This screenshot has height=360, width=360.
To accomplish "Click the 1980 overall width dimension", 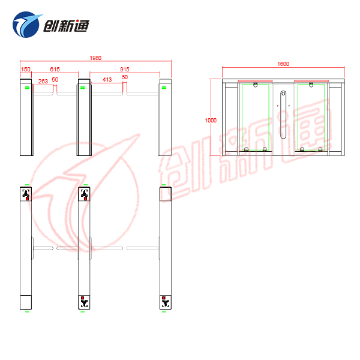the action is click(95, 58).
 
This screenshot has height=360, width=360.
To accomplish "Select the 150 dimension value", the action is click(26, 70).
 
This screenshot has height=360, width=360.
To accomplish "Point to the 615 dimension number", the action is click(55, 70).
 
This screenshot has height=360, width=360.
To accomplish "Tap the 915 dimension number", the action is click(125, 70).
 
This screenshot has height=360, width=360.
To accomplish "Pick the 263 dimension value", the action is click(43, 81).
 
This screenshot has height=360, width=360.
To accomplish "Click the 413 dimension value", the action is click(107, 80).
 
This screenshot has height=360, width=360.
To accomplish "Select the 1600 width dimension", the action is click(283, 64).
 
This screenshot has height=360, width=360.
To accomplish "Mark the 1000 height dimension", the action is click(211, 121).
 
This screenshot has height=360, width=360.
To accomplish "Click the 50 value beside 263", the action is click(55, 80).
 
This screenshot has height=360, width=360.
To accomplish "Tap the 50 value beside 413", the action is click(125, 77).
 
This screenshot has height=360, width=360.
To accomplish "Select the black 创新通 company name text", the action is click(66, 25).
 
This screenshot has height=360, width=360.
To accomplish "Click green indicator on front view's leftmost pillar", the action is click(27, 88).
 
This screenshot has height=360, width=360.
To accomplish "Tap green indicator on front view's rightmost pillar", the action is click(164, 88).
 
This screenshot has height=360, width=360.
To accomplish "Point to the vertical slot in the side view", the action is click(283, 115).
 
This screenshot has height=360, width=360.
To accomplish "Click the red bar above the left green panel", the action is click(256, 81).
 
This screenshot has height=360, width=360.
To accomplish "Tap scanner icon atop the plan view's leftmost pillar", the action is click(26, 194).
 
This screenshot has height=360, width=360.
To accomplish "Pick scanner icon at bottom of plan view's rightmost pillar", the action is click(166, 302).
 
